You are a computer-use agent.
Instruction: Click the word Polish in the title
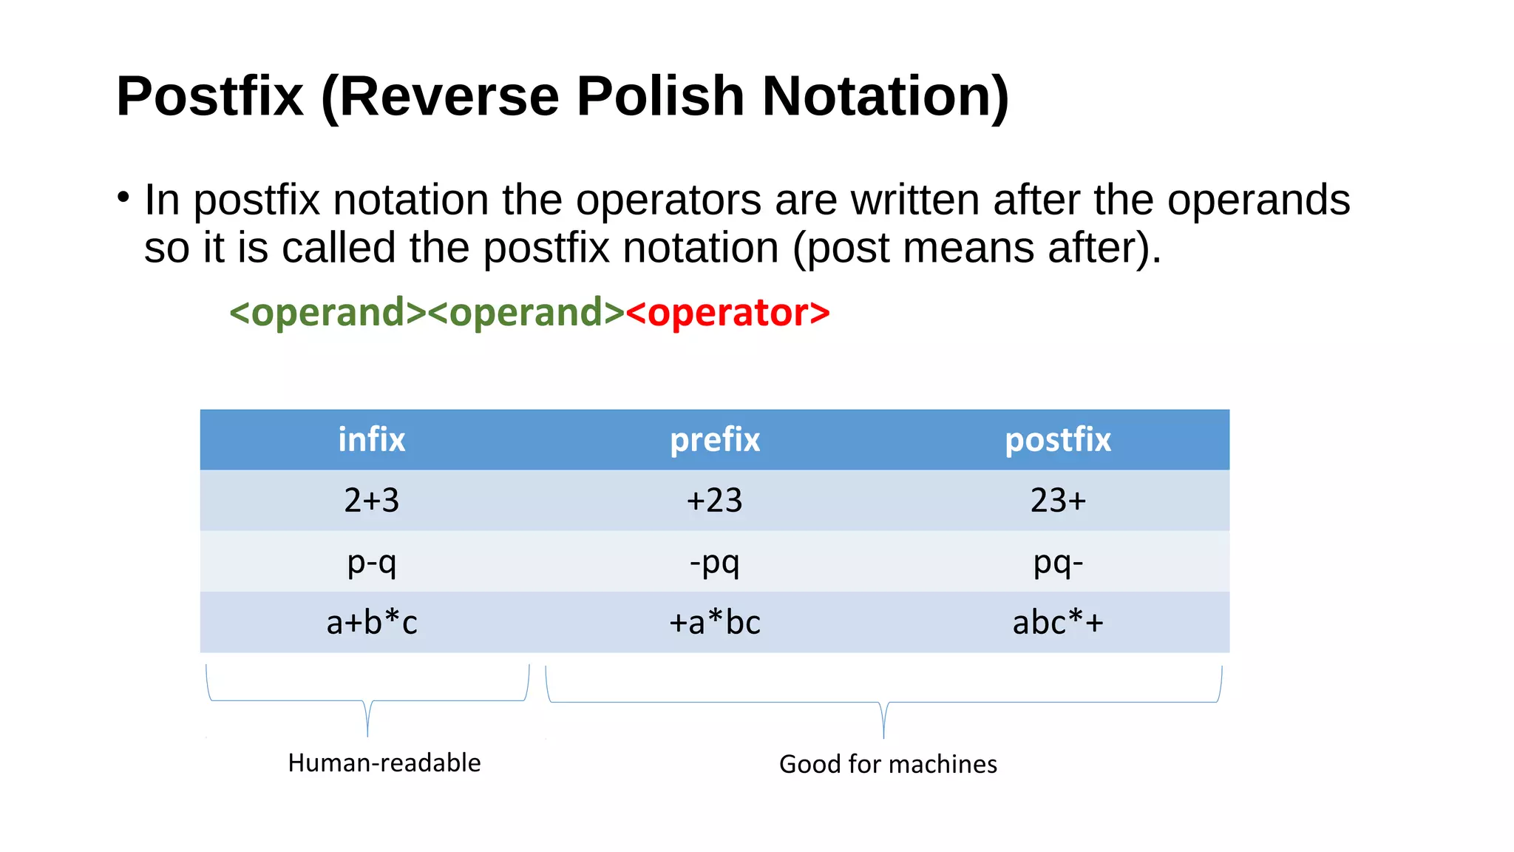tap(659, 96)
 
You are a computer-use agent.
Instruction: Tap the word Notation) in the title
tap(885, 96)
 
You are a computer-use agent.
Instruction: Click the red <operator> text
tap(727, 312)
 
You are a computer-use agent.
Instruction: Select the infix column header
tap(371, 440)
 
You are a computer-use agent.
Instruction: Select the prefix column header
tap(714, 440)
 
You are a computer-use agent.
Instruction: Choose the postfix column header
tap(1057, 440)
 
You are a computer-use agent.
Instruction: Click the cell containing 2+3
tap(371, 501)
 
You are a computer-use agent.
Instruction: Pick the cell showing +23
tap(714, 501)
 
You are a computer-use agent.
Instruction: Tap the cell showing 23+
tap(1057, 501)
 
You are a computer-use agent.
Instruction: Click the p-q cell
tap(371, 562)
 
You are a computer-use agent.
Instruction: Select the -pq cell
tap(714, 562)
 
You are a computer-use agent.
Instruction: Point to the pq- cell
tap(1057, 562)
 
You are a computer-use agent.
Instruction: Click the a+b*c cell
tap(371, 623)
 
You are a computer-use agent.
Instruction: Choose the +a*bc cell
tap(714, 623)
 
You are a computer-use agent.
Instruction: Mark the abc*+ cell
tap(1057, 623)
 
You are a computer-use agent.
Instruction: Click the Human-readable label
tap(384, 763)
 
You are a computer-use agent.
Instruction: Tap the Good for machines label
tap(887, 764)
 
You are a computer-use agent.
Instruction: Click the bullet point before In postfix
tap(123, 197)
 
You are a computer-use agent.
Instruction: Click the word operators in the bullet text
tap(668, 200)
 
